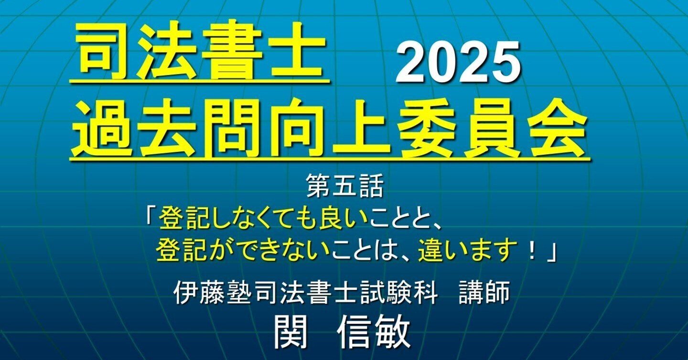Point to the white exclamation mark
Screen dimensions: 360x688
531,251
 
